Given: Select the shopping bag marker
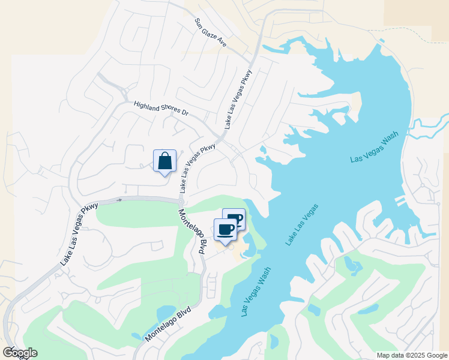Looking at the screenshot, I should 165,161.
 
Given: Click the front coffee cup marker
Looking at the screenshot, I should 225,230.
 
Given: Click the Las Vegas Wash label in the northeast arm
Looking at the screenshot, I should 375,148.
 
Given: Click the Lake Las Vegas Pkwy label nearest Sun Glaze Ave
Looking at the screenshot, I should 239,100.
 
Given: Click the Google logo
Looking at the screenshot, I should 20,353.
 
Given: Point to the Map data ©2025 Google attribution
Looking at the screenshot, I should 412,355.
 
